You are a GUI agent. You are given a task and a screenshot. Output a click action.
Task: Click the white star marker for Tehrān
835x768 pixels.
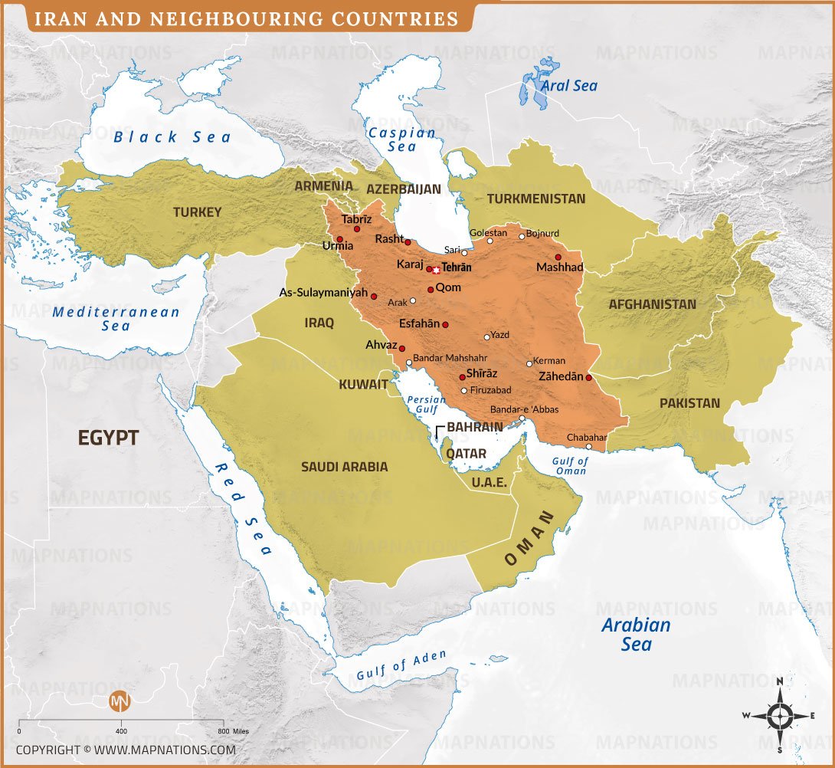(437, 270)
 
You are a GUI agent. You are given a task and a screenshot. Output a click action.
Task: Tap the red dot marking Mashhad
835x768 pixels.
(558, 257)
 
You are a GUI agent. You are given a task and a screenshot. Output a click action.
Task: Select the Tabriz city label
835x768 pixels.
(355, 219)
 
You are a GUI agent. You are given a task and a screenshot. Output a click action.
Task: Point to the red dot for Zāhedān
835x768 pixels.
(588, 377)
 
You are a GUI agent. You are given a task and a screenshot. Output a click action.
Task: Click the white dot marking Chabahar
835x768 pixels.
(588, 446)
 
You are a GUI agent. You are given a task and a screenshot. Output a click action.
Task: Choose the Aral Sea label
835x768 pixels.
(569, 86)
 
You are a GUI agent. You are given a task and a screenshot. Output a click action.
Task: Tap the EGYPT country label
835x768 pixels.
(108, 438)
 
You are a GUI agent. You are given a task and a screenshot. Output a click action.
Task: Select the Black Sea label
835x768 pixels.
(172, 137)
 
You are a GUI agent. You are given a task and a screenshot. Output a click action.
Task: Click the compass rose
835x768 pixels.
(779, 716)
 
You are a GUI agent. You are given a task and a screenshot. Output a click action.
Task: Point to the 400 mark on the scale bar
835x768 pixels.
(121, 731)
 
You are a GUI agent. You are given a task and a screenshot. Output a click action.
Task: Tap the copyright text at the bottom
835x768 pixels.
(126, 749)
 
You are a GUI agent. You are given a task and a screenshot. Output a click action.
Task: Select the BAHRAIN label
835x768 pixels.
(475, 427)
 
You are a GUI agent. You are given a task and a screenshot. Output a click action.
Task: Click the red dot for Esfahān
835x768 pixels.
(445, 325)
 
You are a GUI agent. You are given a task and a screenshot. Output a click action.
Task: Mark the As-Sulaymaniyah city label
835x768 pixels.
(323, 293)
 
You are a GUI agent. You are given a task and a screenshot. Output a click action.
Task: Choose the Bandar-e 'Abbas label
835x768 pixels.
(524, 409)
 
